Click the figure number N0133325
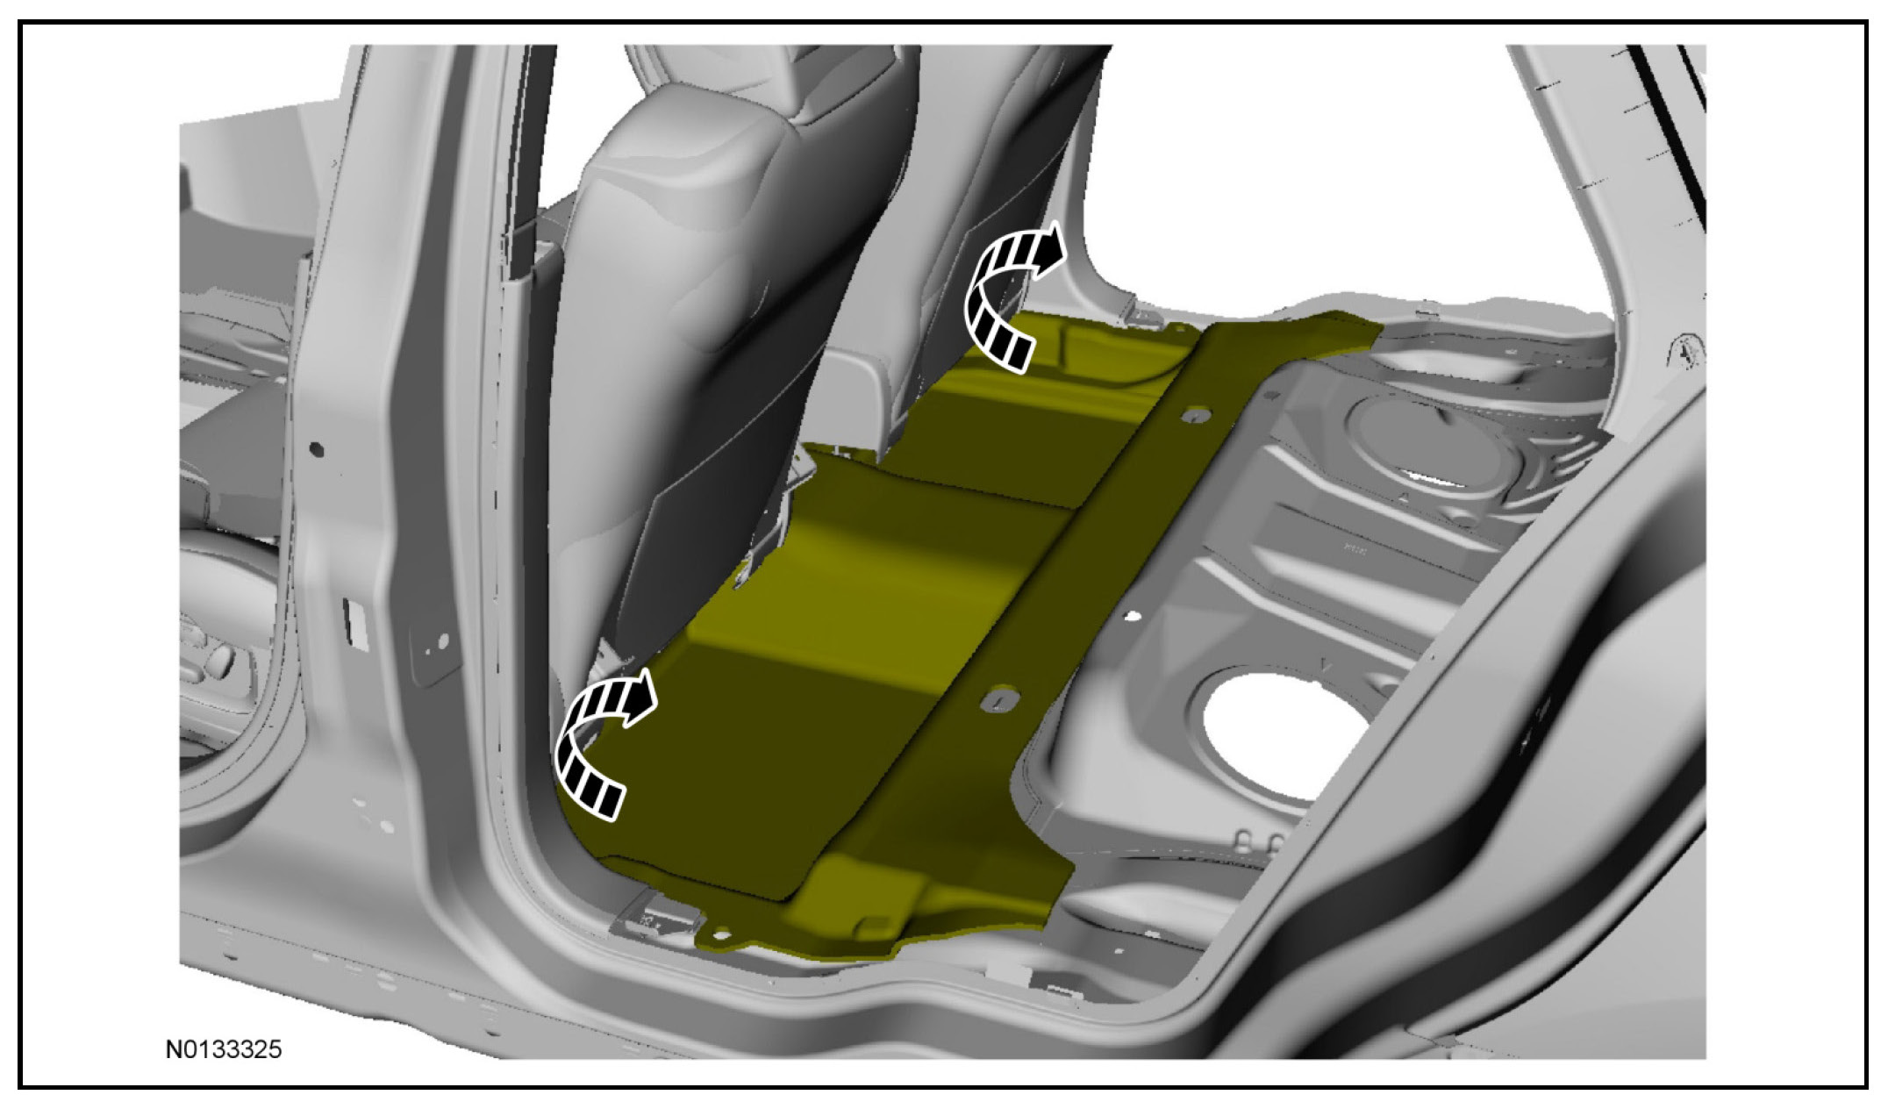(224, 1049)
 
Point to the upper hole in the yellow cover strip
(1191, 416)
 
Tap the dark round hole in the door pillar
(317, 449)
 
